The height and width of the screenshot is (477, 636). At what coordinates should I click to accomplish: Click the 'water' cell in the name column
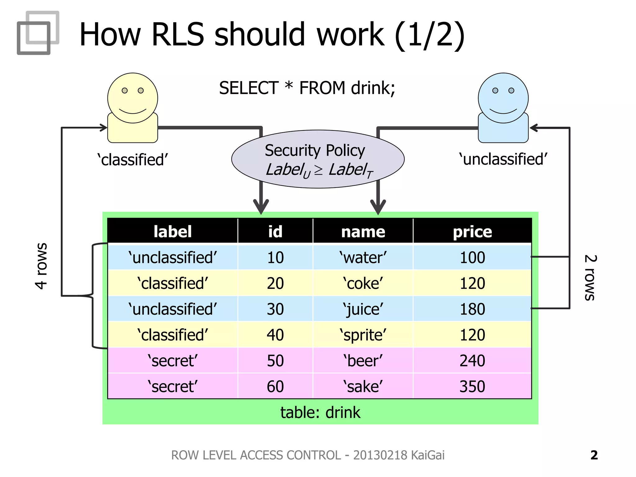click(363, 257)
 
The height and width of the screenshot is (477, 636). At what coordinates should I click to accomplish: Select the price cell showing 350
click(472, 386)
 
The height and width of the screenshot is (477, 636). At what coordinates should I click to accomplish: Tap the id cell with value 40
click(275, 335)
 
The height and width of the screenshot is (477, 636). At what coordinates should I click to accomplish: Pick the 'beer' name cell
click(363, 361)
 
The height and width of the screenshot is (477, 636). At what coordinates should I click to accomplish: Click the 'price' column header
click(472, 232)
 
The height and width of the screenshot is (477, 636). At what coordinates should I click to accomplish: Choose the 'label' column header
click(173, 232)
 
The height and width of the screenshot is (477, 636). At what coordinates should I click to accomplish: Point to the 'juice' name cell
click(363, 309)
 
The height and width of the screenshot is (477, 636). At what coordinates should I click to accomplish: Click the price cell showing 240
click(472, 361)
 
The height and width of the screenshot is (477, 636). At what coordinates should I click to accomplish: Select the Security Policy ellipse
click(317, 159)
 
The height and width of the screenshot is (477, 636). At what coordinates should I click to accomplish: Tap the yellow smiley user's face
click(133, 98)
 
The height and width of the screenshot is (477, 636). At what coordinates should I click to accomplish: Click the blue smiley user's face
click(503, 98)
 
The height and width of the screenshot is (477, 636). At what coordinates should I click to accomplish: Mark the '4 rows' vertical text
click(41, 266)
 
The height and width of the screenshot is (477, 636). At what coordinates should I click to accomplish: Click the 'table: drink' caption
click(320, 412)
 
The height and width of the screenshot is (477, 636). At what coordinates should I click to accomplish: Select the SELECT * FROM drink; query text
click(307, 88)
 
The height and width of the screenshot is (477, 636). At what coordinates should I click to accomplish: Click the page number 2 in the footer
click(594, 455)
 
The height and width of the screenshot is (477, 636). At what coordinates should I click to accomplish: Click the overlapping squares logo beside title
click(38, 33)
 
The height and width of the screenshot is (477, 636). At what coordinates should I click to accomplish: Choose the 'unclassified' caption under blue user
click(503, 159)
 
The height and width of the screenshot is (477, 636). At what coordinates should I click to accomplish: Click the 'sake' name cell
click(363, 386)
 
